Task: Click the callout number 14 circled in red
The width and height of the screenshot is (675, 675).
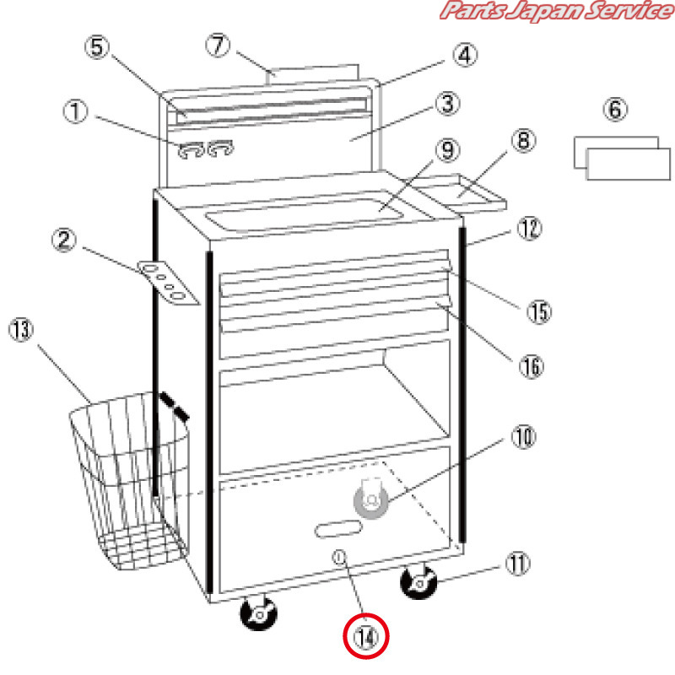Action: [366, 637]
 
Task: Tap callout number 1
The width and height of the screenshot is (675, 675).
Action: [75, 111]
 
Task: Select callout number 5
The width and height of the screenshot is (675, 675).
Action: [97, 47]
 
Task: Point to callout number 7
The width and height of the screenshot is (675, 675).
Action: [218, 46]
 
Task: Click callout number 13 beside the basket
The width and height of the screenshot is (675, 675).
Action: [21, 330]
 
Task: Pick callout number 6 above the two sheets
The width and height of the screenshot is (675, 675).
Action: [615, 110]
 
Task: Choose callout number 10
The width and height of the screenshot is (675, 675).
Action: [523, 437]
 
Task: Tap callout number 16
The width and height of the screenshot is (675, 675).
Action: [532, 367]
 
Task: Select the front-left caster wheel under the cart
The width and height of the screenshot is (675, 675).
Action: [258, 613]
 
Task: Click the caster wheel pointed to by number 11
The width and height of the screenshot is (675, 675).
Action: [418, 582]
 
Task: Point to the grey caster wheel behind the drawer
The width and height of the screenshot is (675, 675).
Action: [370, 499]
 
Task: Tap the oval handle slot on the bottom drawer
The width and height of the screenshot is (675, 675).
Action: [338, 529]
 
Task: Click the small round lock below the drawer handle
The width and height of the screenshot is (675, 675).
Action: [339, 558]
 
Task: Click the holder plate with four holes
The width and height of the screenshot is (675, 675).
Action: [169, 283]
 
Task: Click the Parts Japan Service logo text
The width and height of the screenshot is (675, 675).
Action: [557, 11]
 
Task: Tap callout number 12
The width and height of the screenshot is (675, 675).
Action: [529, 228]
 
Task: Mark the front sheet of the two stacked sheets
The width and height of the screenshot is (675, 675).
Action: [628, 164]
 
